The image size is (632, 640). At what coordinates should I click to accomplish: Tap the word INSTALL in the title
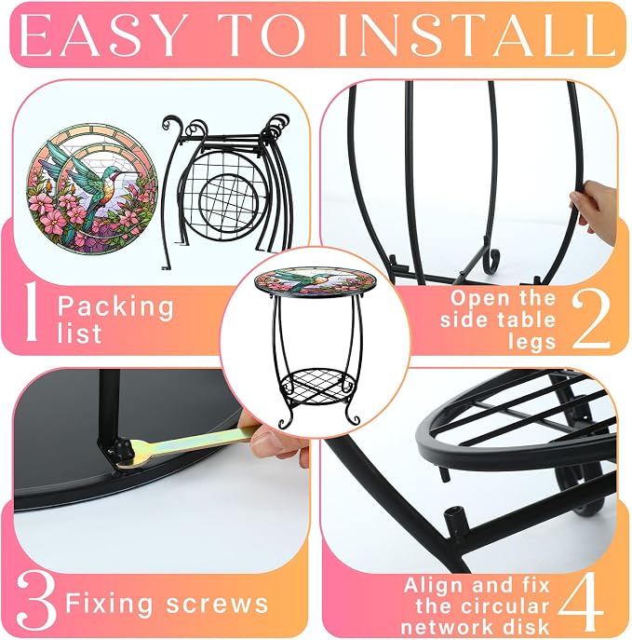coord(474,36)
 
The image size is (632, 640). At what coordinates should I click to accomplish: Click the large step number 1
coord(31,311)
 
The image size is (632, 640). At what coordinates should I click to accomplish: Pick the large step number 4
coord(581,601)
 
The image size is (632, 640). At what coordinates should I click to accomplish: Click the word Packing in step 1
coord(115,306)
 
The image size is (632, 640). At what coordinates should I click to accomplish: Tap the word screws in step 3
coord(217,604)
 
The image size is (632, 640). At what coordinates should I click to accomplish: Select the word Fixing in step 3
coord(109,605)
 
